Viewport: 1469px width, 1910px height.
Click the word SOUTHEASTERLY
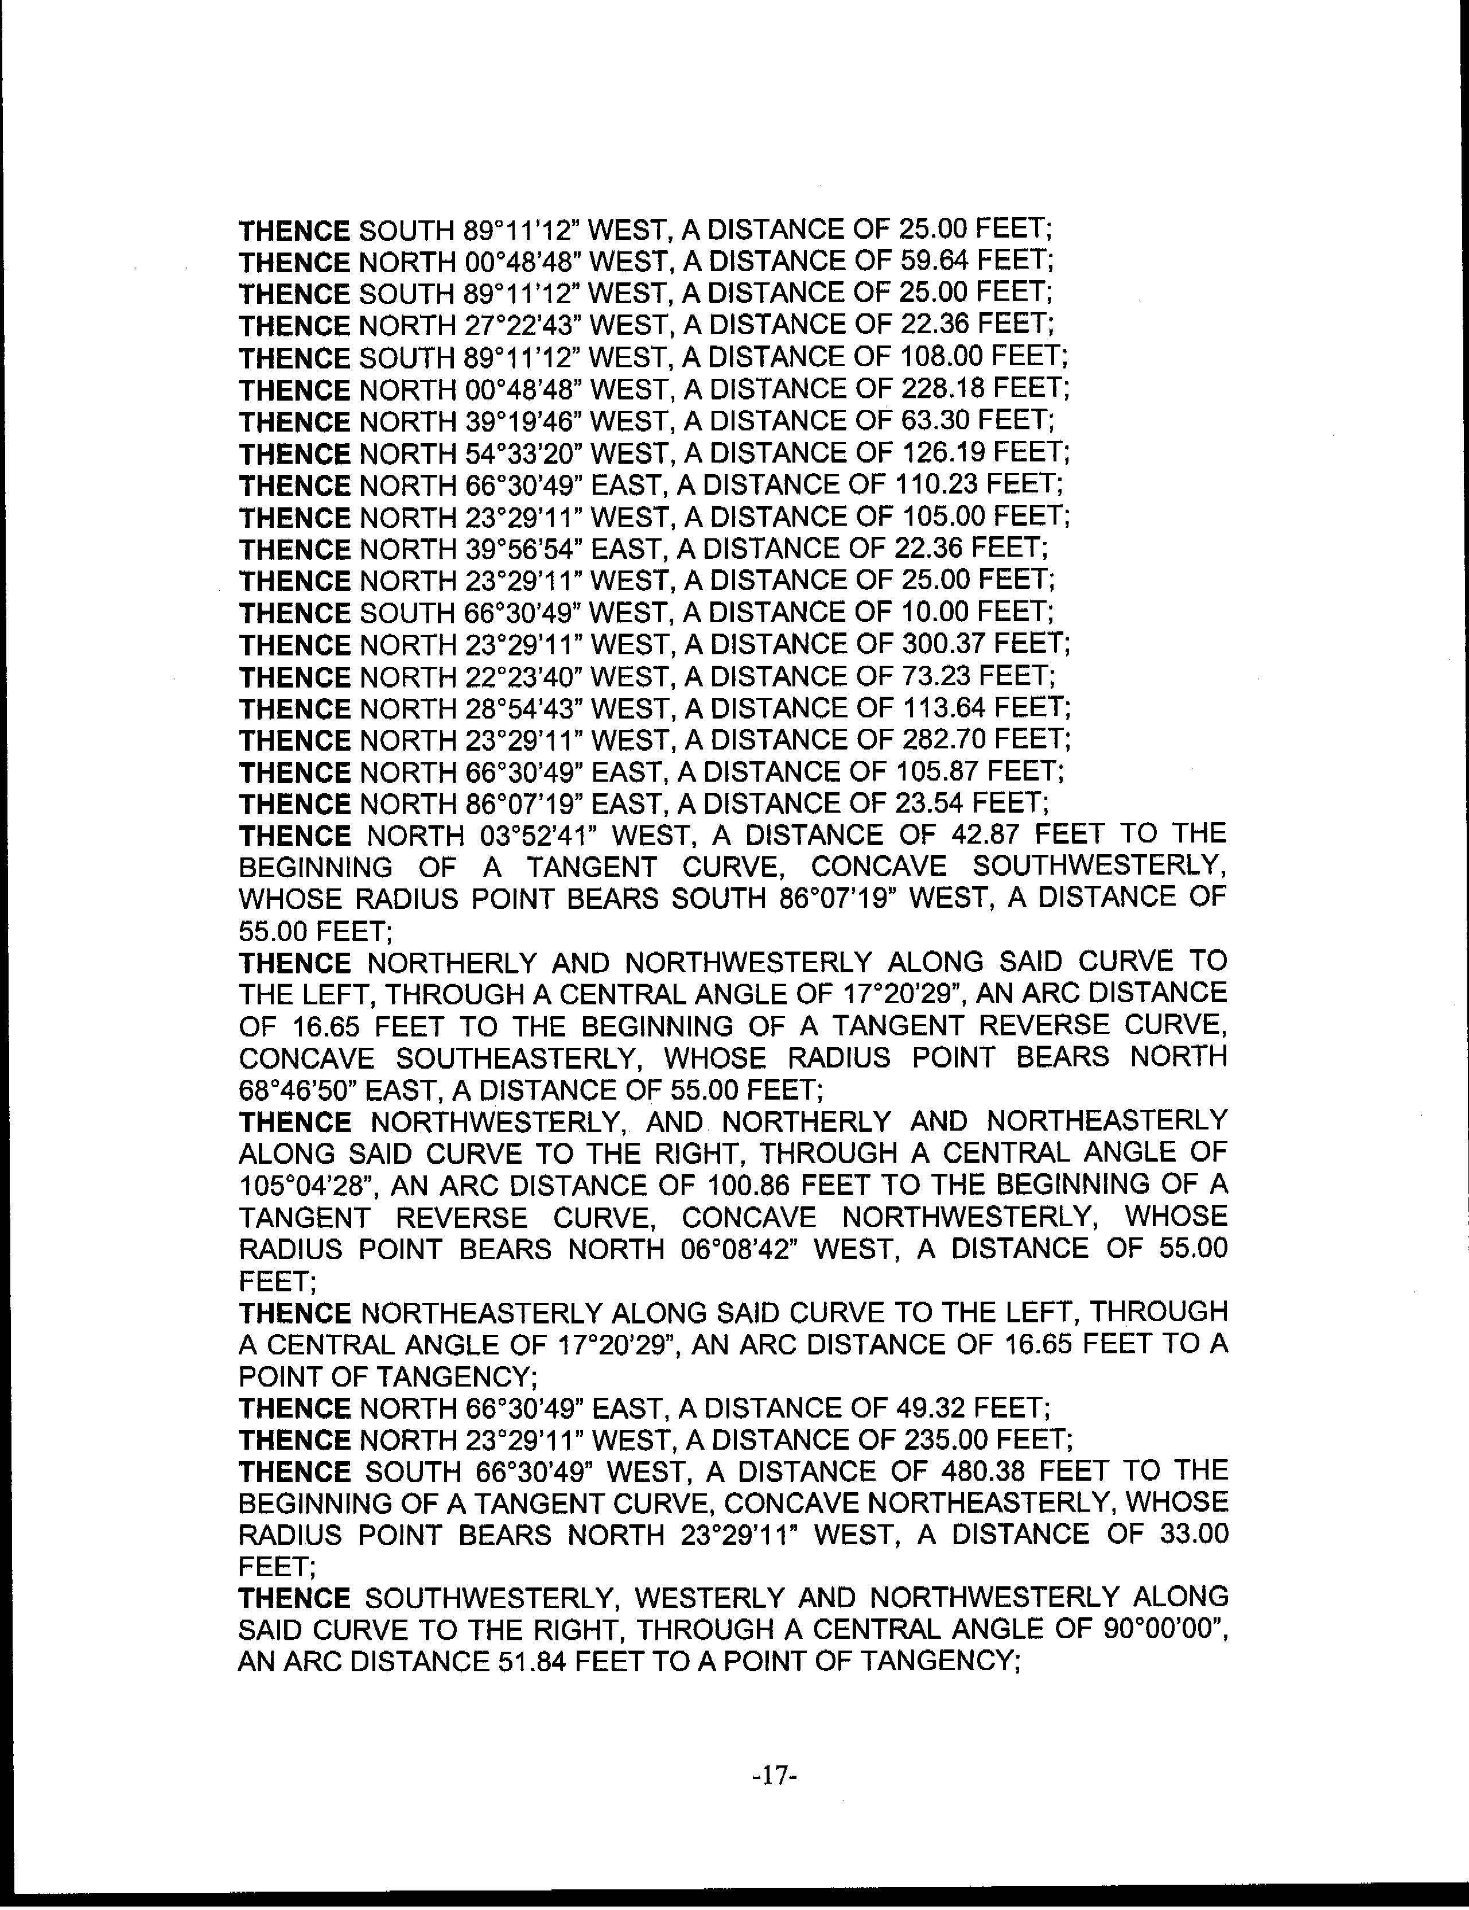pyautogui.click(x=506, y=1058)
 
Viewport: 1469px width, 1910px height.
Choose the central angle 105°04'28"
pyautogui.click(x=307, y=1186)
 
